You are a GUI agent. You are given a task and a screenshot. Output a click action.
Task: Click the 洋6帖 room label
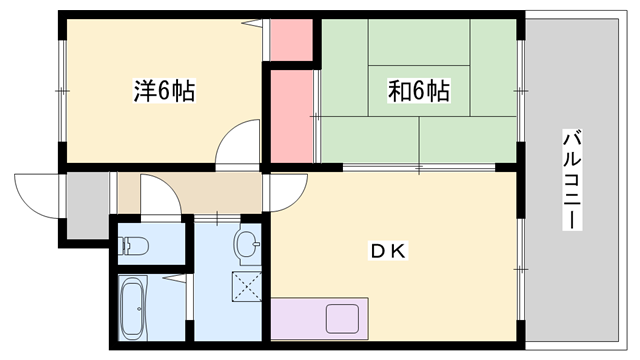[164, 92]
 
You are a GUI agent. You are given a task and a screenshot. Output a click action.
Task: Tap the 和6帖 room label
[417, 92]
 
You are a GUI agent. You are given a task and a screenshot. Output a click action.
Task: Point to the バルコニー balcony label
[571, 180]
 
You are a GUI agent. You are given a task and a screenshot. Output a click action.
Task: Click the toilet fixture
[134, 243]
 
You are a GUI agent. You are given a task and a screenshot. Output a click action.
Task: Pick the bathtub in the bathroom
[133, 307]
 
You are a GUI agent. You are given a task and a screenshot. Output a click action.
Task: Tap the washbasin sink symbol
[246, 242]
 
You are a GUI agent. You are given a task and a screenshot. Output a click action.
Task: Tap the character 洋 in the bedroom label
[146, 92]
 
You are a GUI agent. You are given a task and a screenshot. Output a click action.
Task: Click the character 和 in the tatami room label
[399, 92]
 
